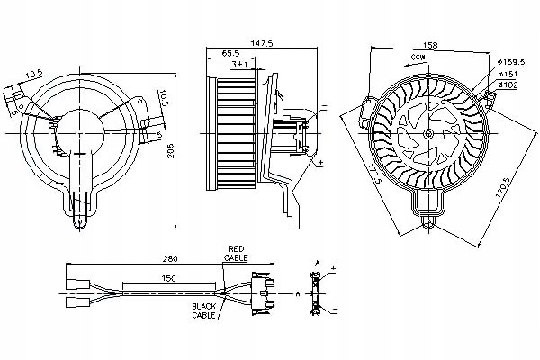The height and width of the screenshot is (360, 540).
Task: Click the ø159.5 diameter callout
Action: click(x=509, y=62)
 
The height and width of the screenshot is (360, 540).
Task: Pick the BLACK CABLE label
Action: click(x=204, y=310)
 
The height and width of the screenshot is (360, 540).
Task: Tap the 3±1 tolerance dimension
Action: click(x=238, y=66)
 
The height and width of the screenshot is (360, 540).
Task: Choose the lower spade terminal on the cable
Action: click(x=74, y=302)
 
